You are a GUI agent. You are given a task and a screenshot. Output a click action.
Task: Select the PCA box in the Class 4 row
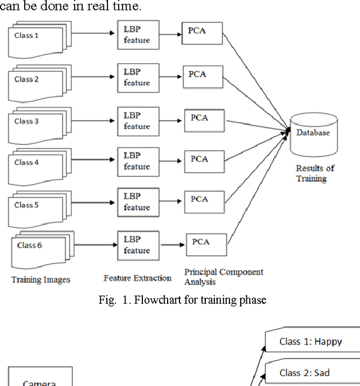[x=202, y=159]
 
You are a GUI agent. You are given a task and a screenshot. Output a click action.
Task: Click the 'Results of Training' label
[x=315, y=173]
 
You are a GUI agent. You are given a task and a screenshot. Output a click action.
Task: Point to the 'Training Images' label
[x=41, y=279]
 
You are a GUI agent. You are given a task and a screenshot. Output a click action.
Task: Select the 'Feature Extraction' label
[x=138, y=278]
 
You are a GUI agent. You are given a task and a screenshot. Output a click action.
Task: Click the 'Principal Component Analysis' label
[x=223, y=277]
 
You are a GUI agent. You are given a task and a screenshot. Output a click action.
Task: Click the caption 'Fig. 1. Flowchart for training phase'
[x=182, y=300]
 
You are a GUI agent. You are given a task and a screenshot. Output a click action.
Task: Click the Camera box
[x=40, y=378]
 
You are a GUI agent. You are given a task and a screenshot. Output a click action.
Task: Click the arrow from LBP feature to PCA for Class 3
[x=172, y=120]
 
